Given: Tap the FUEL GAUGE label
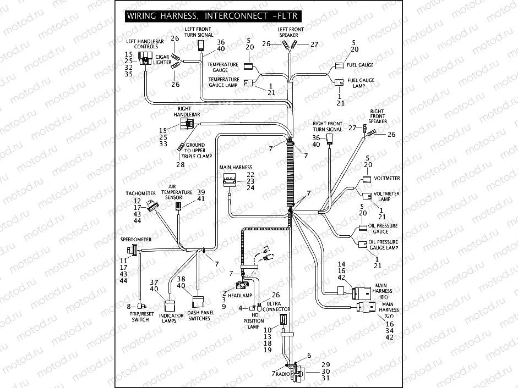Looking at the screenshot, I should (361, 65).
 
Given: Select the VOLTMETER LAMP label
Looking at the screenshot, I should (386, 197).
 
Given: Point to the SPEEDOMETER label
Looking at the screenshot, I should (135, 240).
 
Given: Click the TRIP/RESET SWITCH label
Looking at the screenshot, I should (140, 317).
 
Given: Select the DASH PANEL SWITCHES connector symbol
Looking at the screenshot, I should (198, 301).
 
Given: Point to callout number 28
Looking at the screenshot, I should (181, 164).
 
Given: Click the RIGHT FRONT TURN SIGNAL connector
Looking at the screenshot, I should (330, 138).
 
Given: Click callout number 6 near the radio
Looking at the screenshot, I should (309, 356).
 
